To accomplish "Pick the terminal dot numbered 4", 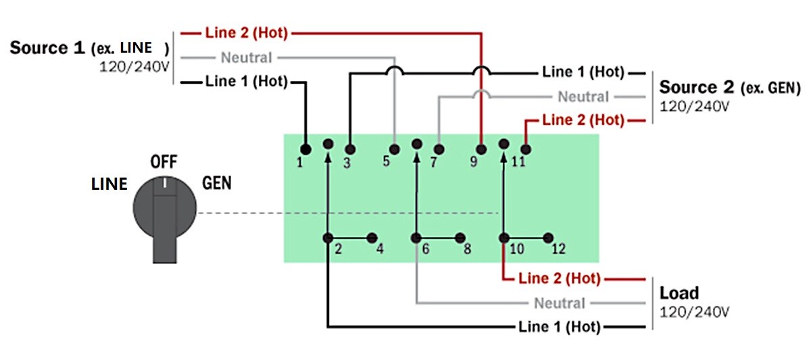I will tap(372, 238).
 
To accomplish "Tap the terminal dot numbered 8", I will tap(460, 238).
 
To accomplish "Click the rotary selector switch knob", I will tap(164, 216).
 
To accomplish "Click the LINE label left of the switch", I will tap(109, 184).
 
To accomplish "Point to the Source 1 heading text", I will tap(47, 49).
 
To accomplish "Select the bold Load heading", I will tap(679, 294).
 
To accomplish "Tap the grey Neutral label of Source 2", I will tap(583, 97).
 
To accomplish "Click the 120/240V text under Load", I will tap(694, 312).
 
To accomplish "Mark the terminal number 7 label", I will tap(433, 162).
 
